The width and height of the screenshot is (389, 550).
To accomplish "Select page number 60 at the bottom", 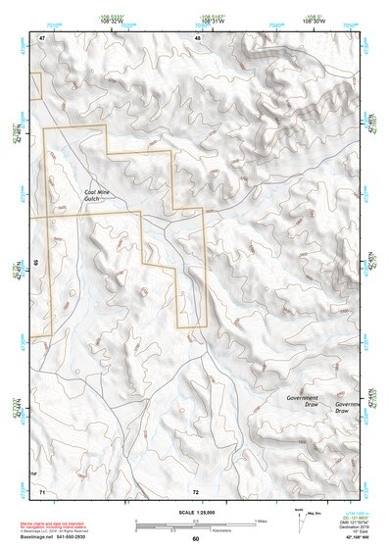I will point(195,539).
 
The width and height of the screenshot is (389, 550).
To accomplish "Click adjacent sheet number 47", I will point(42,37).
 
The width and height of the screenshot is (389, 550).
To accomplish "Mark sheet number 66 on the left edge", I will point(35,263).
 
